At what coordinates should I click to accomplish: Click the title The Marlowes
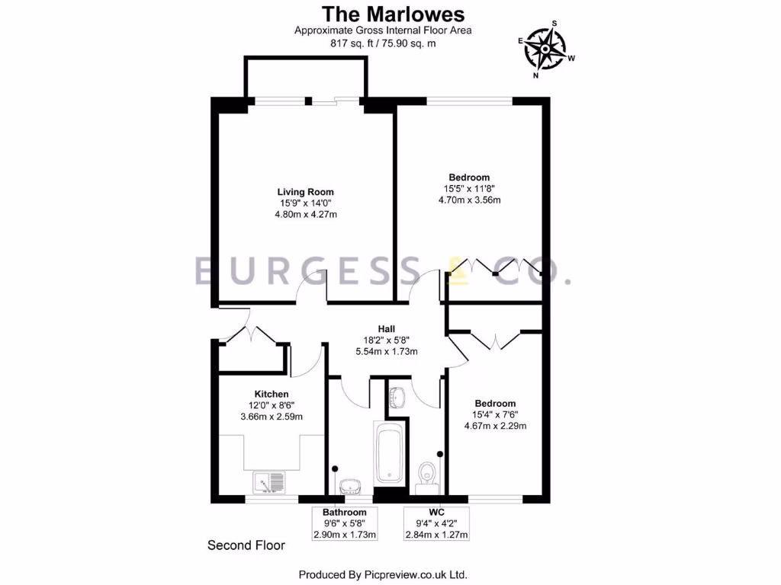click(393, 14)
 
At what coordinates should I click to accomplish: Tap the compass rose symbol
click(547, 50)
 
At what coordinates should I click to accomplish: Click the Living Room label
click(305, 192)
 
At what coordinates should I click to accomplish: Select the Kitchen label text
click(272, 394)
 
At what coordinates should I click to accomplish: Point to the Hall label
click(386, 329)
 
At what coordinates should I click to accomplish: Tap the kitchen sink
click(268, 481)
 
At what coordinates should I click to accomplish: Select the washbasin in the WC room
click(397, 398)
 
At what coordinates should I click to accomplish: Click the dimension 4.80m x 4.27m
click(305, 215)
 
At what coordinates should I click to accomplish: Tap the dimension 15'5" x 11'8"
click(469, 189)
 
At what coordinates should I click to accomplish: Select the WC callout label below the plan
click(436, 513)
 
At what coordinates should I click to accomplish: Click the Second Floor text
click(246, 545)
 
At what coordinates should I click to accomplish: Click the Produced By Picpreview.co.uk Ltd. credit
click(382, 574)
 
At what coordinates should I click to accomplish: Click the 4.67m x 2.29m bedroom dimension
click(495, 426)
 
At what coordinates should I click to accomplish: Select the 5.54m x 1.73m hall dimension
click(386, 352)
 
